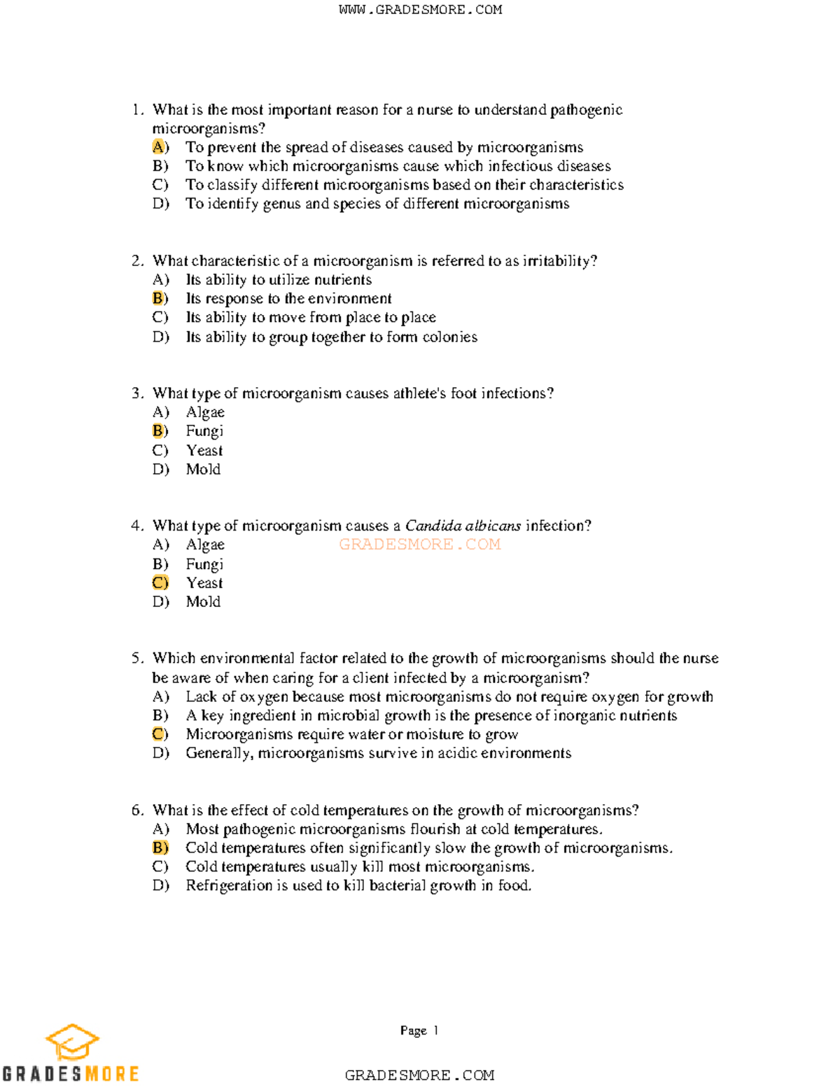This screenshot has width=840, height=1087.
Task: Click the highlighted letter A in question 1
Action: pyautogui.click(x=159, y=147)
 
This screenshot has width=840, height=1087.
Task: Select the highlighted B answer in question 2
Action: pyautogui.click(x=159, y=298)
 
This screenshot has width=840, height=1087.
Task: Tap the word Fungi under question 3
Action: pyautogui.click(x=204, y=431)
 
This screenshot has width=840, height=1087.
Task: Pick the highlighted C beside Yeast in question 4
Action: pyautogui.click(x=160, y=582)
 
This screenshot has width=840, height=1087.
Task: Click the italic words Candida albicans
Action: pyautogui.click(x=463, y=526)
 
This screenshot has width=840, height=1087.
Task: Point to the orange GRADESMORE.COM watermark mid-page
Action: pyautogui.click(x=420, y=545)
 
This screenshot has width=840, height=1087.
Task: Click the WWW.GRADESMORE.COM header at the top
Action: pyautogui.click(x=420, y=10)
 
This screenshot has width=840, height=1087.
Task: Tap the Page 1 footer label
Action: pyautogui.click(x=419, y=1030)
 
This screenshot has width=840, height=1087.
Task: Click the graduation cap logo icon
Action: pyautogui.click(x=72, y=1042)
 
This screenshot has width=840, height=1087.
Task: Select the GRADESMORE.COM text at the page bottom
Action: pyautogui.click(x=420, y=1075)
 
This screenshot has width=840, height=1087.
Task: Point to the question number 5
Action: pyautogui.click(x=136, y=658)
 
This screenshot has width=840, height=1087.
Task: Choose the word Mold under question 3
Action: pyautogui.click(x=203, y=469)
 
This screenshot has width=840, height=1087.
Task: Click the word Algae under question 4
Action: pyautogui.click(x=205, y=545)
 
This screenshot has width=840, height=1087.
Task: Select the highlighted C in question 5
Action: pyautogui.click(x=160, y=734)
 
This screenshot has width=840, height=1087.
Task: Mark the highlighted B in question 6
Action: pyautogui.click(x=160, y=848)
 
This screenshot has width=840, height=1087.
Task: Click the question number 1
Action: pyautogui.click(x=136, y=110)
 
